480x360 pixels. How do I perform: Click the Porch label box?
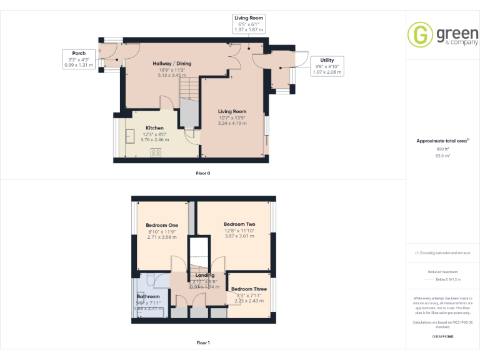(79, 59)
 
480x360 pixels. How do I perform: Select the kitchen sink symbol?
(132, 137)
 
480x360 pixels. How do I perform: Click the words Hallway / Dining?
(172, 64)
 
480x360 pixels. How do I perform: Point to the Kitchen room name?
(154, 127)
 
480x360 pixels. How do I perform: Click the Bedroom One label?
(162, 225)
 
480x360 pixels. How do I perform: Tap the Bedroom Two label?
(239, 224)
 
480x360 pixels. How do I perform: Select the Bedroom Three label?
(249, 289)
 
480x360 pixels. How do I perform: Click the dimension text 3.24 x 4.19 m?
(232, 123)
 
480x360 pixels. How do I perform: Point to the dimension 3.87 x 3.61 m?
(239, 236)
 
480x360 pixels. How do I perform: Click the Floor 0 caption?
(202, 172)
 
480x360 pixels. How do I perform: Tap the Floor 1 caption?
(202, 342)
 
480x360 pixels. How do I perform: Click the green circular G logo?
(420, 35)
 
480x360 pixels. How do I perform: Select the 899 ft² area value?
(442, 149)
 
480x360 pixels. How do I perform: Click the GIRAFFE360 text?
(442, 336)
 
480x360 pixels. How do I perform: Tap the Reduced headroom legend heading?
(442, 272)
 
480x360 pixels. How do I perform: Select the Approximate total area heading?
(442, 141)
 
